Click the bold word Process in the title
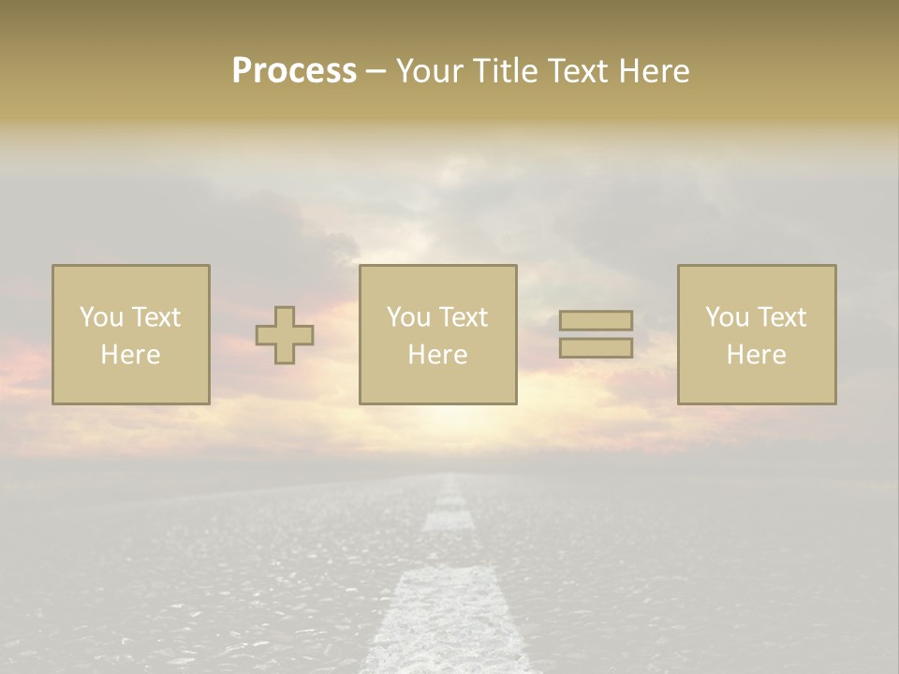[x=294, y=71]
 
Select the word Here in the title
[x=653, y=71]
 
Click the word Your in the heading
[x=428, y=71]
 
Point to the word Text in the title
[x=577, y=71]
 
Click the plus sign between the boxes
[x=285, y=335]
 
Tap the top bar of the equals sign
[x=596, y=321]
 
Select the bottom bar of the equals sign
[x=596, y=347]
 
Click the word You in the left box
[x=101, y=317]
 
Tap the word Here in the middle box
[x=438, y=355]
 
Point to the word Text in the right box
[x=780, y=317]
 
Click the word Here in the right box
[x=757, y=355]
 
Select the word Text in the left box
[x=155, y=317]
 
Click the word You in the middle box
[x=408, y=317]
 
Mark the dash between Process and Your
[x=376, y=72]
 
